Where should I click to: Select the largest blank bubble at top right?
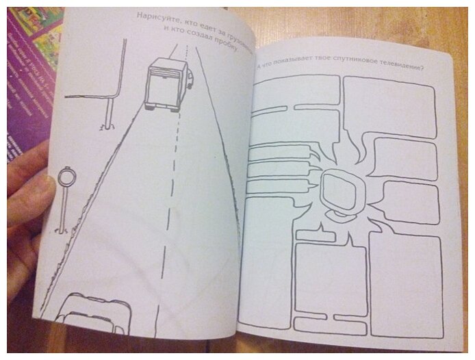(x=387, y=106)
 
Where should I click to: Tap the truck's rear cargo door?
(x=162, y=86)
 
